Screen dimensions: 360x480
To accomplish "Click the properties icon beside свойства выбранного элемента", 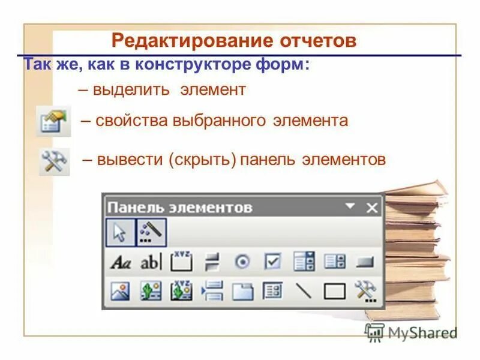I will click(x=53, y=121).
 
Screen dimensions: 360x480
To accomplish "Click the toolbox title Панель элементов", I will click(x=179, y=208).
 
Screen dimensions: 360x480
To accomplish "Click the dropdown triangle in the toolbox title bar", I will click(x=350, y=206).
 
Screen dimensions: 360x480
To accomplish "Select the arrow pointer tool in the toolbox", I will click(x=120, y=232).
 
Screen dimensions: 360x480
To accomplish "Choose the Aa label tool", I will click(x=121, y=262).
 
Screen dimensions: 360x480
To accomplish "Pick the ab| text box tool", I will click(x=151, y=262).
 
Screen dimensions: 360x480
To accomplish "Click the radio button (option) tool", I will click(x=242, y=262).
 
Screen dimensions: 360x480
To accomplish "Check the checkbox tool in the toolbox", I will click(x=272, y=262).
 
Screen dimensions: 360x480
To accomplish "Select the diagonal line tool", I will click(x=304, y=292).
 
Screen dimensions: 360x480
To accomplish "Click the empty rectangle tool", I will click(x=334, y=292).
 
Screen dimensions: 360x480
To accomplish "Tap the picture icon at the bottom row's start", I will click(x=120, y=292).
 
